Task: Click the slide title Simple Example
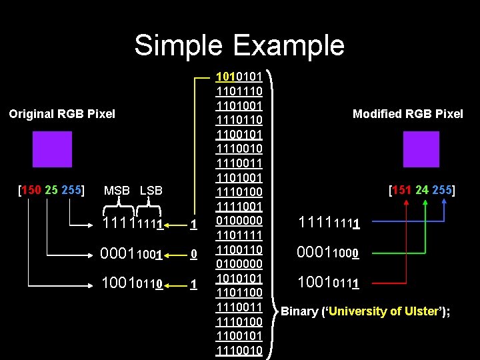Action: pos(239,45)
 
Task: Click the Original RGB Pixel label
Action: pos(62,114)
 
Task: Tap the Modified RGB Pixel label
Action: pos(407,114)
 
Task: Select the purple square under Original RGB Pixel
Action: pos(52,149)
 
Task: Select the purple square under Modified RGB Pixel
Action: pos(421,149)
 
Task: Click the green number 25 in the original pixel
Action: pos(51,190)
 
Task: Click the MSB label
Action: pos(117,191)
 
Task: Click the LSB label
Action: pos(152,191)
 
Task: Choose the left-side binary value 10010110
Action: pos(131,285)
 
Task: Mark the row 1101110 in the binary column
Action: pos(239,91)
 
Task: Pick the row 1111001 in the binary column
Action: pos(239,206)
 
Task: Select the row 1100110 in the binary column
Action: pos(239,249)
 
